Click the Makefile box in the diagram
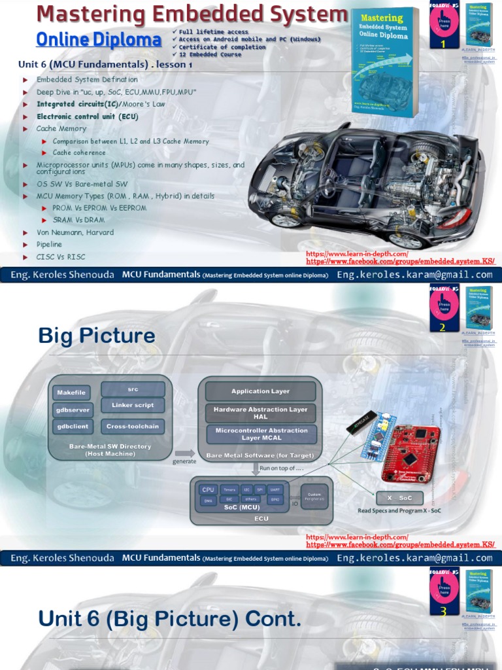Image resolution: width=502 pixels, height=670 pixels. click(72, 393)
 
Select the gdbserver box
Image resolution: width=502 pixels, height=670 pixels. click(72, 410)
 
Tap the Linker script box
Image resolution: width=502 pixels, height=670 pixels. click(133, 406)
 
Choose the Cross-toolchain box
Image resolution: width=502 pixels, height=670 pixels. click(133, 427)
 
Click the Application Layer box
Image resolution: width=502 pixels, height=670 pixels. click(260, 391)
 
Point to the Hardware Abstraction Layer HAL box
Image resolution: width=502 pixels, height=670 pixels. click(260, 413)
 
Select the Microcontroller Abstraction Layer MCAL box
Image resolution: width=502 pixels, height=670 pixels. click(260, 434)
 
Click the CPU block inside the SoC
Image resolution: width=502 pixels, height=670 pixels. click(208, 489)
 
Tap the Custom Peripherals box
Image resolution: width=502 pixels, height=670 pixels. click(314, 497)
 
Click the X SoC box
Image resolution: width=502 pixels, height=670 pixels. click(399, 498)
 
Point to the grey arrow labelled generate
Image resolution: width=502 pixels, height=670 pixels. click(185, 453)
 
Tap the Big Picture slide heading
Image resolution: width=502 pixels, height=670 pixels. click(97, 336)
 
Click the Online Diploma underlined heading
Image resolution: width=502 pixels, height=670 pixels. click(99, 40)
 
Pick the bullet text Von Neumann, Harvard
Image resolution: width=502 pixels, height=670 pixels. click(75, 232)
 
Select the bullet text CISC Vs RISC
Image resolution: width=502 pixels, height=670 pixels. click(61, 257)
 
